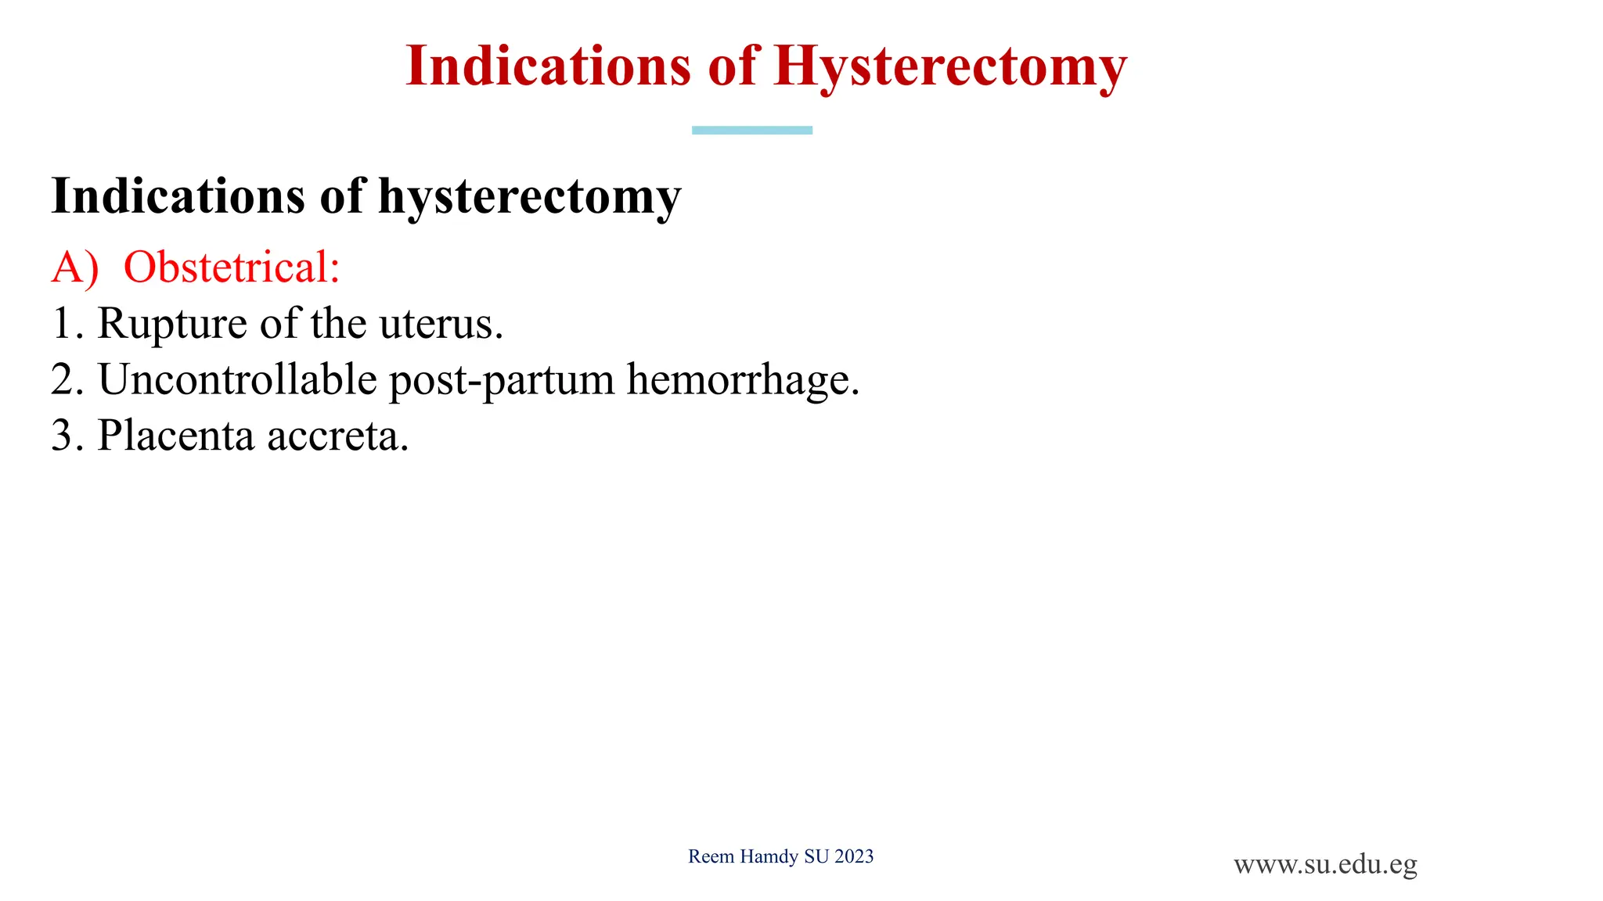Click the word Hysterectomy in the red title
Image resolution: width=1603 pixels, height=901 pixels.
pos(950,67)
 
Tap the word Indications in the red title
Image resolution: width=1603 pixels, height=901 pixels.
pos(549,66)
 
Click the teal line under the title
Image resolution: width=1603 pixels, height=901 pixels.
pos(751,131)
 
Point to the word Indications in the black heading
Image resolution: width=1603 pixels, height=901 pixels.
pos(178,196)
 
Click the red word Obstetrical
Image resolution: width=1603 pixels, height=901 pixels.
pos(232,267)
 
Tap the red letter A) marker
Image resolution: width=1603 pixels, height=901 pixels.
pos(75,267)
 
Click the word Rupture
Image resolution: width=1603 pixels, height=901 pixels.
pos(172,324)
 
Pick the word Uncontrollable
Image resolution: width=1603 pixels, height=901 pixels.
pos(237,380)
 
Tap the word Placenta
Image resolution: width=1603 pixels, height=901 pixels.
pos(176,436)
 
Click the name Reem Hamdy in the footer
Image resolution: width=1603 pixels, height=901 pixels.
pos(744,857)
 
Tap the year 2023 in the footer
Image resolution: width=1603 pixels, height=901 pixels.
pos(854,857)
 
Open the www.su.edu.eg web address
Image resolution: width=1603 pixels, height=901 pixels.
pos(1325,865)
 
